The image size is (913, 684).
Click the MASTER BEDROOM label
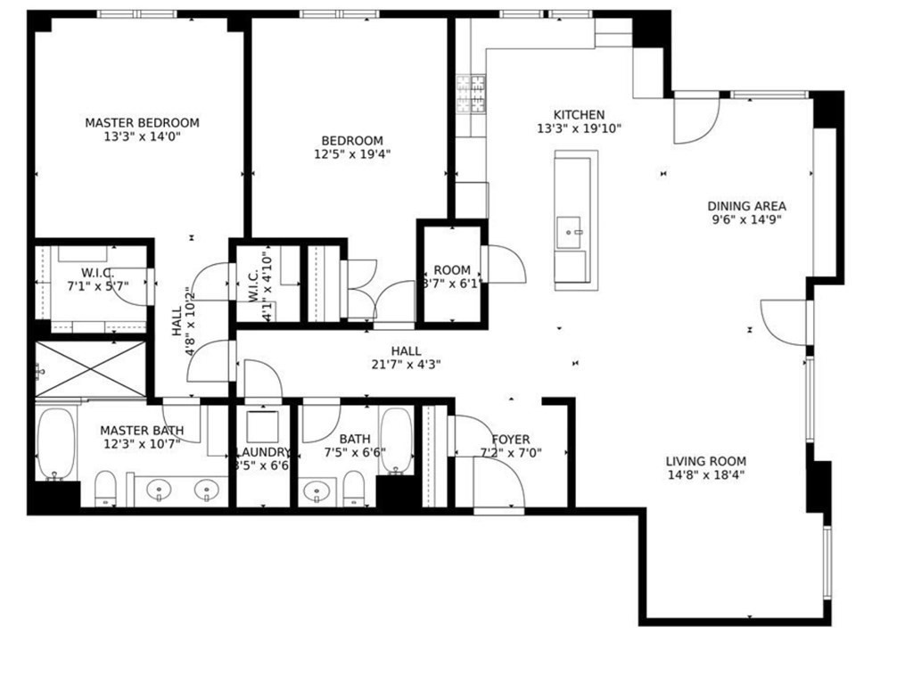click(x=142, y=122)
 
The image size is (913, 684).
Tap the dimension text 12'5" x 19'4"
click(x=352, y=153)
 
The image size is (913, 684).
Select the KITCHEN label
click(x=579, y=115)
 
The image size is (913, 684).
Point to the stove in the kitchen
click(x=471, y=93)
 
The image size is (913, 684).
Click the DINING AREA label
click(x=746, y=205)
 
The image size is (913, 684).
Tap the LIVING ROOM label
click(x=705, y=461)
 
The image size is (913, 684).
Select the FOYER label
click(x=510, y=439)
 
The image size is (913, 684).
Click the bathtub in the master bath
click(x=57, y=443)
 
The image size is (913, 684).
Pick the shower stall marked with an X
click(x=90, y=368)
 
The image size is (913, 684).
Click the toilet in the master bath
click(x=105, y=488)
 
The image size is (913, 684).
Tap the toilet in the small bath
click(x=355, y=486)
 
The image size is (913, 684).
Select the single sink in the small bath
click(x=316, y=490)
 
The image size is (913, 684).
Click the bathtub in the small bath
click(x=396, y=440)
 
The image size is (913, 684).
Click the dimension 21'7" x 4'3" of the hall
click(x=406, y=364)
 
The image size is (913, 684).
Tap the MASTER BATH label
click(x=141, y=430)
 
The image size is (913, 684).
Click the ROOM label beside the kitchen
click(x=452, y=270)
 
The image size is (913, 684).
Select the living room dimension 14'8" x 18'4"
click(x=705, y=475)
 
